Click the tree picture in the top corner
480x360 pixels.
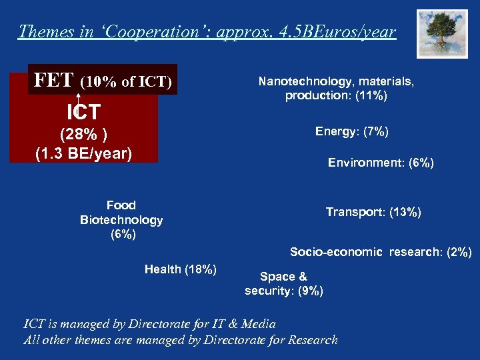442,34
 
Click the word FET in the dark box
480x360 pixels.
54,81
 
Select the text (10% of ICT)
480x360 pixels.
126,83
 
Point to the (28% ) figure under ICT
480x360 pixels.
83,134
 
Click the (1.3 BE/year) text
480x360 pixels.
83,153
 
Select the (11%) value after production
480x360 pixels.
371,96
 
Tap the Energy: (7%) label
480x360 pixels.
352,131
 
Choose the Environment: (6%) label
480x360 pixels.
381,163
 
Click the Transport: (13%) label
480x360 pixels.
373,212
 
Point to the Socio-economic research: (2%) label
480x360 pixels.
381,252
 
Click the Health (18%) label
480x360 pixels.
181,269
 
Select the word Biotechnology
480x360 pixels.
121,220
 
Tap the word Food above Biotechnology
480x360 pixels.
121,205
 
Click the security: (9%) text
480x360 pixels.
284,291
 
